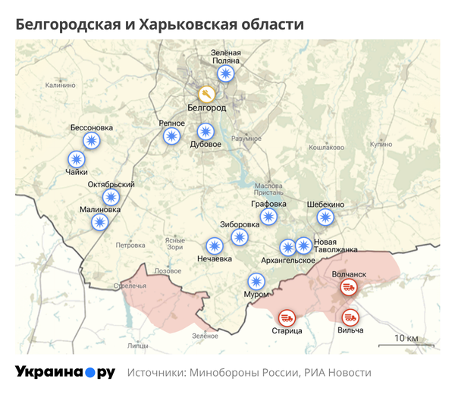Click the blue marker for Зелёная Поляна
(225, 73)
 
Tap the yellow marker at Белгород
(206, 94)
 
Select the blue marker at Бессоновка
(92, 141)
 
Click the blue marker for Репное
(172, 136)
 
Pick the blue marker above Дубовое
(205, 131)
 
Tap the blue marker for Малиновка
(99, 222)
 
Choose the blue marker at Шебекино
(325, 217)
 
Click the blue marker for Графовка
(268, 217)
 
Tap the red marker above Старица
(287, 317)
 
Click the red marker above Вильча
(350, 317)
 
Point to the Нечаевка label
(215, 259)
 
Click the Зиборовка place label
(240, 224)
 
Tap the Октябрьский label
(111, 185)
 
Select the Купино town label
(381, 144)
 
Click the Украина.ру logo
(65, 372)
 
